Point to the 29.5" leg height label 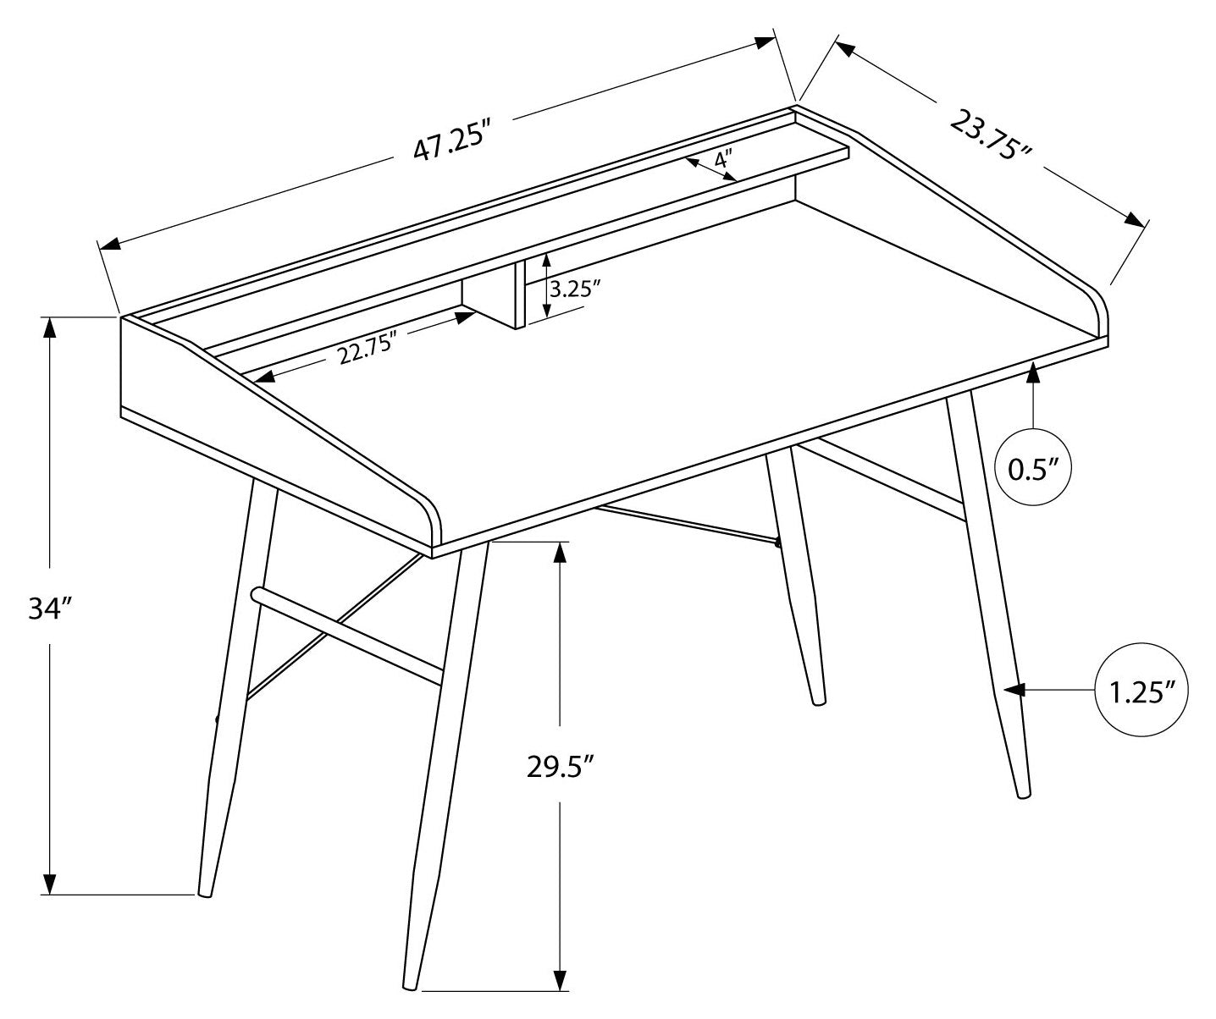click(559, 767)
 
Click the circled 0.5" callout click(1033, 468)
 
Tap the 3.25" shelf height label click(575, 289)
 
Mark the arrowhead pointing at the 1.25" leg click(1015, 691)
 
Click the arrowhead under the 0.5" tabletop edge click(1033, 373)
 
